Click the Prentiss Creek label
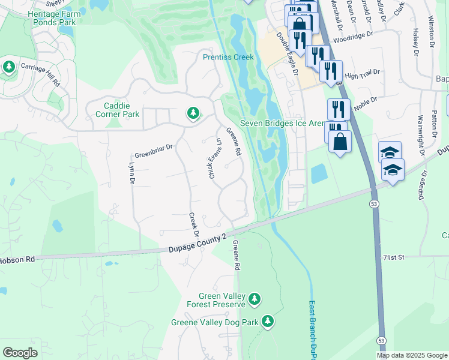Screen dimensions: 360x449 click(228, 57)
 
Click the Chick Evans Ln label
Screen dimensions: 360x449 click(211, 157)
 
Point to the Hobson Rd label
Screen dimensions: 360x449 click(18, 260)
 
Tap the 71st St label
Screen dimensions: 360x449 click(394, 257)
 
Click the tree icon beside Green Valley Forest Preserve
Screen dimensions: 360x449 click(255, 298)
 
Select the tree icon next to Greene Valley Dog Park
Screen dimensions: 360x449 click(268, 322)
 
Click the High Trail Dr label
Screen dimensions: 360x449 click(363, 74)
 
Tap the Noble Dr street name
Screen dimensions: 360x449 click(365, 103)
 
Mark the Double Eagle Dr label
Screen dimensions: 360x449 click(287, 53)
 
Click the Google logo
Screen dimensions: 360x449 click(20, 352)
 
